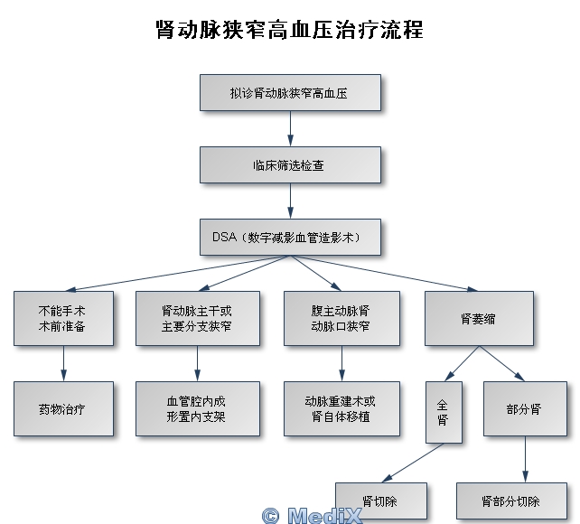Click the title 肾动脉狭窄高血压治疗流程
289,30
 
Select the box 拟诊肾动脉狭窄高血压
290,93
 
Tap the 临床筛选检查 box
290,165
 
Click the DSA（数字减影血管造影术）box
290,238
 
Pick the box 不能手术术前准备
63,317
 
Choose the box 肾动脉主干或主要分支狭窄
197,317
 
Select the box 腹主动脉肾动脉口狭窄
341,317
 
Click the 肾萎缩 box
479,317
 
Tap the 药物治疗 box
63,408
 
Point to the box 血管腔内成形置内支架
197,408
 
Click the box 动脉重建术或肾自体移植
341,408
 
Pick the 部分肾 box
524,408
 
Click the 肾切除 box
380,501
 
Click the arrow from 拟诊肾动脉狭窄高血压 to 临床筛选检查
290,129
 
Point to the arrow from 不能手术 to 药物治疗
63,363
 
